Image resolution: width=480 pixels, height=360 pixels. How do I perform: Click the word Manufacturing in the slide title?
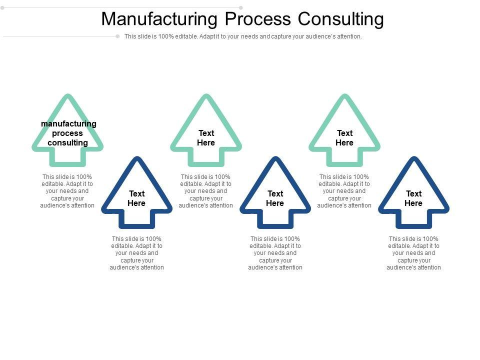[159, 19]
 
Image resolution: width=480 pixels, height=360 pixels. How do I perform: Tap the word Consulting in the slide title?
[341, 19]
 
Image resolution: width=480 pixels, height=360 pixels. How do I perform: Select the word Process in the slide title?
[257, 19]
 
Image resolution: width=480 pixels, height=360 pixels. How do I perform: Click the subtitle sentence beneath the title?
[243, 36]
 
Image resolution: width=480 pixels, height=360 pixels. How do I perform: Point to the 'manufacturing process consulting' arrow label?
[68, 133]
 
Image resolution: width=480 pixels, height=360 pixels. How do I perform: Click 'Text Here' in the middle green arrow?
[206, 138]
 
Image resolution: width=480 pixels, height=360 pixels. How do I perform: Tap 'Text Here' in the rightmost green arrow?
[344, 138]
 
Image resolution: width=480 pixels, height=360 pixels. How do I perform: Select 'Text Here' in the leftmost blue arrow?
[136, 198]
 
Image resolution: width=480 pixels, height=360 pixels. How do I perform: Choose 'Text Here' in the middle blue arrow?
[275, 198]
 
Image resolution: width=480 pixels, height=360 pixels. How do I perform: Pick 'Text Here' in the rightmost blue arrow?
[413, 198]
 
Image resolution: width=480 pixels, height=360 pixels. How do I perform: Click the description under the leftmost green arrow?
[67, 191]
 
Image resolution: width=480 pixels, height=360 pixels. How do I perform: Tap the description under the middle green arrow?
[206, 191]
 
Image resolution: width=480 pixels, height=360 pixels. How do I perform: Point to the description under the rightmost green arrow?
[344, 191]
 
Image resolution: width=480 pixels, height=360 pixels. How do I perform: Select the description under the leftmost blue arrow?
[137, 253]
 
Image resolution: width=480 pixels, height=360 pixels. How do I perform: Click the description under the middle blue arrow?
[275, 253]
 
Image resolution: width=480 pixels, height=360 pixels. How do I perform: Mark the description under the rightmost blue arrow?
[414, 253]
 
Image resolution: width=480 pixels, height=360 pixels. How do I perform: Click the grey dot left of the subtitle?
[118, 36]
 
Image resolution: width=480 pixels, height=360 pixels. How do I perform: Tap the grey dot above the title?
[241, 7]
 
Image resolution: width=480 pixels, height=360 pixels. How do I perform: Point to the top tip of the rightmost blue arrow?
[413, 159]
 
